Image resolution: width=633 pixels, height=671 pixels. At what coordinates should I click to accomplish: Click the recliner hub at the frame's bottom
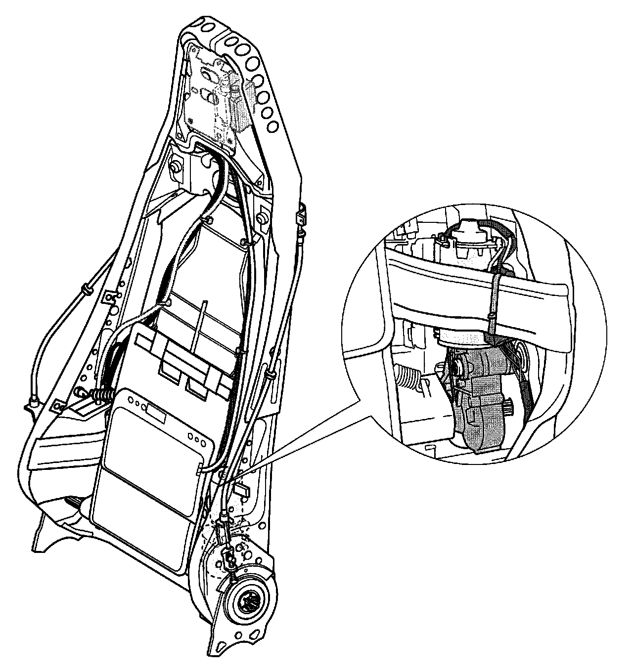coord(246,601)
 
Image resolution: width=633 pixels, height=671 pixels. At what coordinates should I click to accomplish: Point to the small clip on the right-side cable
coord(300,216)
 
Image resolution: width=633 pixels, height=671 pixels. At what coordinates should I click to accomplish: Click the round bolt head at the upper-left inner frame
coord(174,168)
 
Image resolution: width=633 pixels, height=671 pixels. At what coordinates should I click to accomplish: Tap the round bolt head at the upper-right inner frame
coord(263,218)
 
